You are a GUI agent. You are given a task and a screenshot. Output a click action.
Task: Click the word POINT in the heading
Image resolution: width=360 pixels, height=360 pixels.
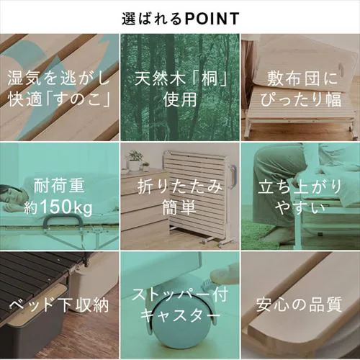coord(212,19)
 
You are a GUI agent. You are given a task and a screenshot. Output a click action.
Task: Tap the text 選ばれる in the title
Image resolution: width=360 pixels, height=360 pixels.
coord(152,19)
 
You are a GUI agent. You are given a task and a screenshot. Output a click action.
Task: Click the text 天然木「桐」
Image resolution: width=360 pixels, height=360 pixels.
coord(180,78)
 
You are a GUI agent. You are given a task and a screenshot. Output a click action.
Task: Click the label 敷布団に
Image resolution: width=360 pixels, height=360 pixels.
coord(302,78)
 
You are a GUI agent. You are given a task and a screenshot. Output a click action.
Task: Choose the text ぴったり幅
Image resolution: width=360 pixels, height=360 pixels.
coord(301,99)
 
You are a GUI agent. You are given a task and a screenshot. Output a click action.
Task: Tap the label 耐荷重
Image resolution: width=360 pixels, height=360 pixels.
coord(59,186)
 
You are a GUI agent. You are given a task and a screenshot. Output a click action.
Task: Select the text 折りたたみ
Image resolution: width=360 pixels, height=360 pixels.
coord(180,186)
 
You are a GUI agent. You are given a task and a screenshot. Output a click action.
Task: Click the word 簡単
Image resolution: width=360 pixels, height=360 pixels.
coord(179,207)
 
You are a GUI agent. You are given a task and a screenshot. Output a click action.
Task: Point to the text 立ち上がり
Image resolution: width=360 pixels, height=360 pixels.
coord(300,186)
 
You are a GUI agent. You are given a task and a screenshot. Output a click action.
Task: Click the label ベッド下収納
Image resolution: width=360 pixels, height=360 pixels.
coord(59,305)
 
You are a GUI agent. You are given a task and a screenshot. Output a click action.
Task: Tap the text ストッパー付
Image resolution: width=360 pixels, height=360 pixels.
coord(180,294)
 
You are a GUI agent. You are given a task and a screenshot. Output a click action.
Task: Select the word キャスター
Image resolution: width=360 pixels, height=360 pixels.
coord(180,315)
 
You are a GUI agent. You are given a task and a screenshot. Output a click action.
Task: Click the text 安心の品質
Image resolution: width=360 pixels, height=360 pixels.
coord(300,305)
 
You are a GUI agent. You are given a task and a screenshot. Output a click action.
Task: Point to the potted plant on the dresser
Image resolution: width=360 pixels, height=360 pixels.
coord(135,160)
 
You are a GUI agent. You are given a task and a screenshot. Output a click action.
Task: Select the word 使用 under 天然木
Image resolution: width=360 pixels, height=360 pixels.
coord(180,99)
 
